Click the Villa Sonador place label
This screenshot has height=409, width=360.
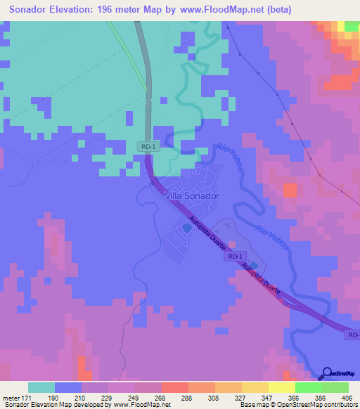click(x=191, y=196)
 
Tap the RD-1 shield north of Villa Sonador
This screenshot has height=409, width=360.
click(x=146, y=145)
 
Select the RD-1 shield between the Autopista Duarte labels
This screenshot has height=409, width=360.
click(x=236, y=257)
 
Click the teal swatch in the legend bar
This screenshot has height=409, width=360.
click(x=41, y=388)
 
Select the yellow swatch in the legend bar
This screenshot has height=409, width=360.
click(x=281, y=388)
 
